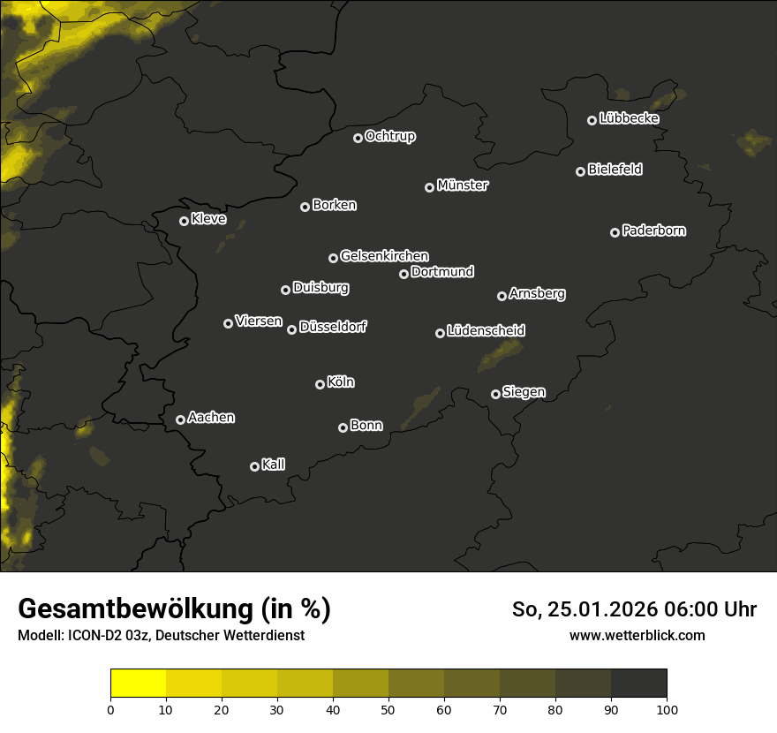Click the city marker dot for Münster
430,187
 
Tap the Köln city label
341,382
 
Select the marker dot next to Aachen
181,419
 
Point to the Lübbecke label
629,118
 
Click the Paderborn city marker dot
615,232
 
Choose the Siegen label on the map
524,392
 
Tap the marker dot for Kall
255,466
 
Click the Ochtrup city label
389,136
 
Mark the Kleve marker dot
185,221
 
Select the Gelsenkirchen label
384,256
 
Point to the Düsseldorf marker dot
292,329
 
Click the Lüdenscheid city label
486,331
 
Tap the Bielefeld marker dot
581,171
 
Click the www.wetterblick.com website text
637,636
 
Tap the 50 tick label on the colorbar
388,709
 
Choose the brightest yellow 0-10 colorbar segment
139,684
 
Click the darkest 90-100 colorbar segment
638,684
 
